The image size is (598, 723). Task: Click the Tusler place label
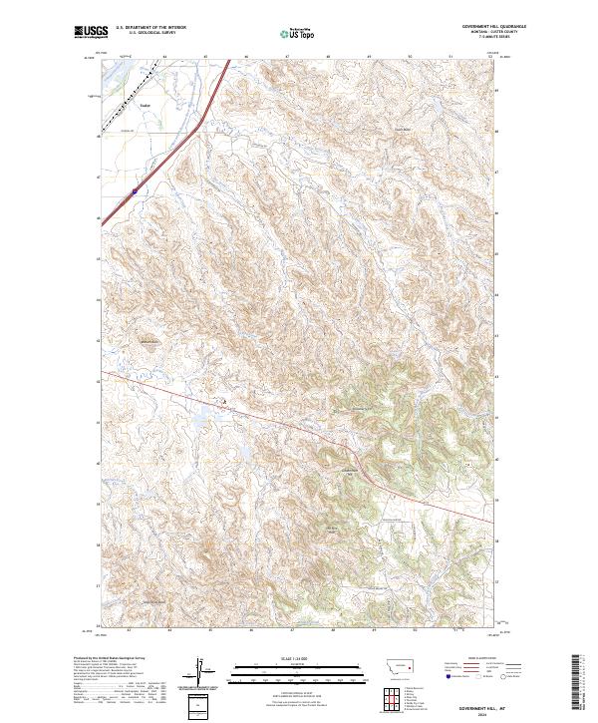(144, 103)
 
